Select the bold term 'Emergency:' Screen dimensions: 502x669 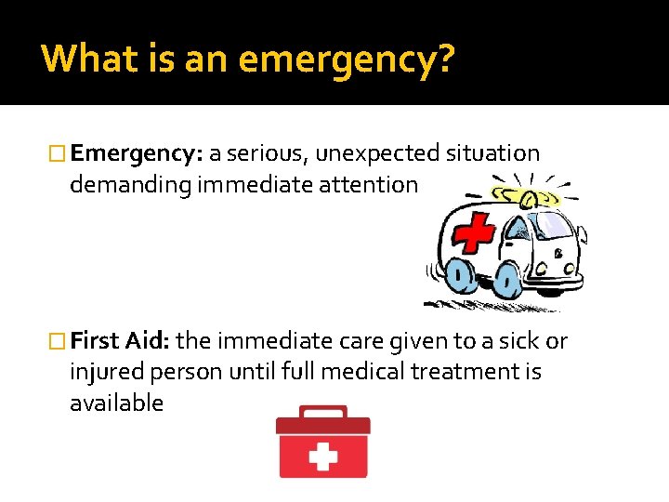coord(137,153)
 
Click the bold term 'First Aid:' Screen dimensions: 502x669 coord(119,341)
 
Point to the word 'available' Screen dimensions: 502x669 coord(116,403)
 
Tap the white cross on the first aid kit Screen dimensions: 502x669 coord(322,457)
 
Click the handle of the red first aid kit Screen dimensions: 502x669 coord(322,411)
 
